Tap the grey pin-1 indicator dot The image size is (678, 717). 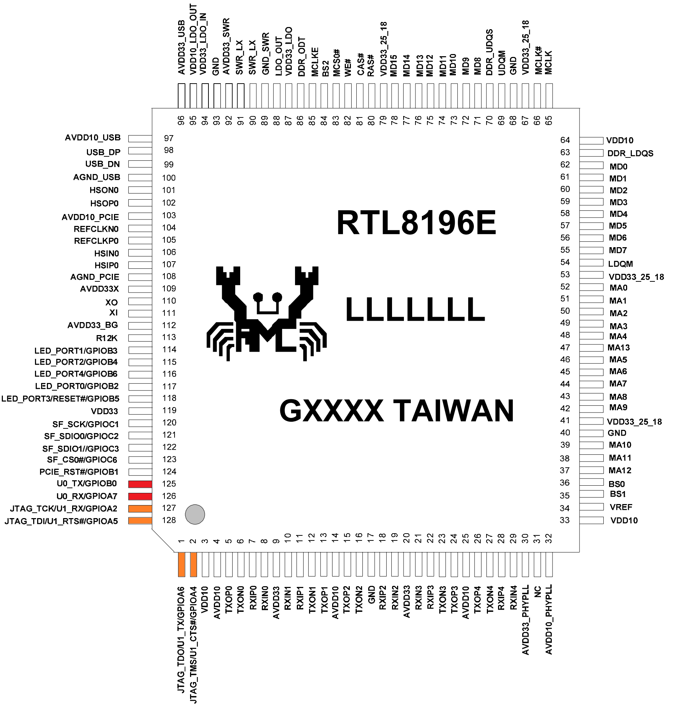(x=195, y=514)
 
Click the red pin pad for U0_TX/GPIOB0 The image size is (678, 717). (x=140, y=484)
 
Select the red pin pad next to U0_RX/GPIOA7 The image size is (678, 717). (x=140, y=496)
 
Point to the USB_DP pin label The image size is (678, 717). (x=104, y=152)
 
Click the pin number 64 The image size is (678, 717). (x=565, y=140)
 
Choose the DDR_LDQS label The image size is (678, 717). (x=630, y=153)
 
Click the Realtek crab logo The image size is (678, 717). (x=267, y=313)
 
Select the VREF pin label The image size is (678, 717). (x=621, y=507)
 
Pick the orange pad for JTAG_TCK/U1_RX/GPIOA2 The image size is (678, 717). (x=140, y=509)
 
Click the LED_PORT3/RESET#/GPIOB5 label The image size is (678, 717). (x=60, y=399)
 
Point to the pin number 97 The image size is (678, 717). (x=168, y=138)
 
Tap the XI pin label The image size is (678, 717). (x=114, y=313)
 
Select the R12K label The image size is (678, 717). (x=107, y=338)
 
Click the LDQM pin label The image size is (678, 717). (x=621, y=264)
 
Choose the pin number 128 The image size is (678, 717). (x=169, y=520)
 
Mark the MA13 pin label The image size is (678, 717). (x=618, y=348)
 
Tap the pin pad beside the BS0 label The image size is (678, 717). (x=591, y=482)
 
